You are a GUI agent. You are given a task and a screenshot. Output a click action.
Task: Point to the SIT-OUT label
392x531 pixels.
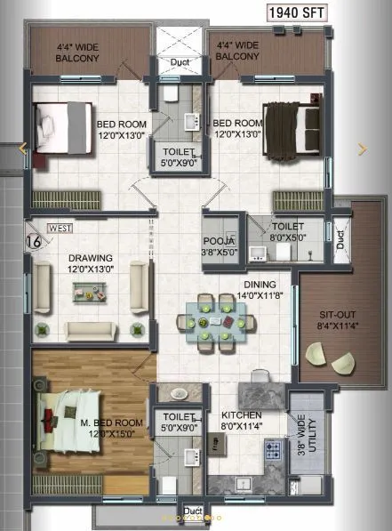[x=338, y=318]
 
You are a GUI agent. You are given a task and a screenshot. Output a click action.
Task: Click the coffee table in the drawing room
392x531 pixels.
[x=88, y=290]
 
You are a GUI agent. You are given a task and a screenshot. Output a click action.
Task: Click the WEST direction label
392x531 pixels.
[x=60, y=229]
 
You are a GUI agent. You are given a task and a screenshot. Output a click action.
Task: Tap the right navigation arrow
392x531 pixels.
[x=361, y=149]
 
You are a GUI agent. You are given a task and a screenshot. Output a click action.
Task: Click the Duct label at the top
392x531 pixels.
[x=180, y=61]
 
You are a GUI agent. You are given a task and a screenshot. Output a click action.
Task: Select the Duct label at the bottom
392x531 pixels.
[x=193, y=511]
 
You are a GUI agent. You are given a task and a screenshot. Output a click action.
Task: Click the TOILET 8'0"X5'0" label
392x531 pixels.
[x=289, y=232]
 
